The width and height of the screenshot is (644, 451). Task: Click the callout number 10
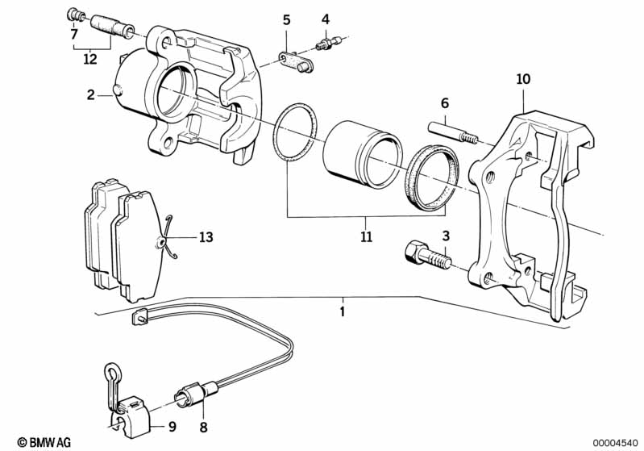point(524,79)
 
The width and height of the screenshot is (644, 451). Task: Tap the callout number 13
point(206,237)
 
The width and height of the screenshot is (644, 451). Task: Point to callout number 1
point(342,311)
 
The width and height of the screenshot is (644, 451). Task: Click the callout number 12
point(89,58)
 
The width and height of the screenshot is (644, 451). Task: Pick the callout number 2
point(91,95)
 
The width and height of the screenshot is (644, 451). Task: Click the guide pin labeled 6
point(446,131)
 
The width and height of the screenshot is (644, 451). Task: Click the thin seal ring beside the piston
point(296,133)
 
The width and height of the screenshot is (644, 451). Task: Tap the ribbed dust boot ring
point(430,177)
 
